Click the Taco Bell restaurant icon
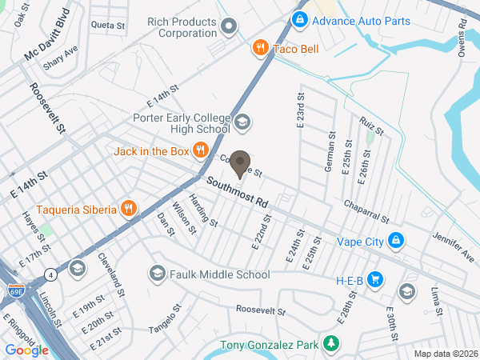pos(259,49)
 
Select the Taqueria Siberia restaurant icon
pos(128,210)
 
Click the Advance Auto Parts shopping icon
pos(298,18)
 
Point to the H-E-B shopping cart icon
pos(378,280)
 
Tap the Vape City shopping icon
pos(395,240)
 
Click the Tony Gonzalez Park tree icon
pos(330,346)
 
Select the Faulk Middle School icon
pos(157,274)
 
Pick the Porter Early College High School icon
pos(242,122)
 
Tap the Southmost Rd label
pos(236,192)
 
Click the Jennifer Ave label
pos(453,246)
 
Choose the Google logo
pos(26,350)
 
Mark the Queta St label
pos(108,26)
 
